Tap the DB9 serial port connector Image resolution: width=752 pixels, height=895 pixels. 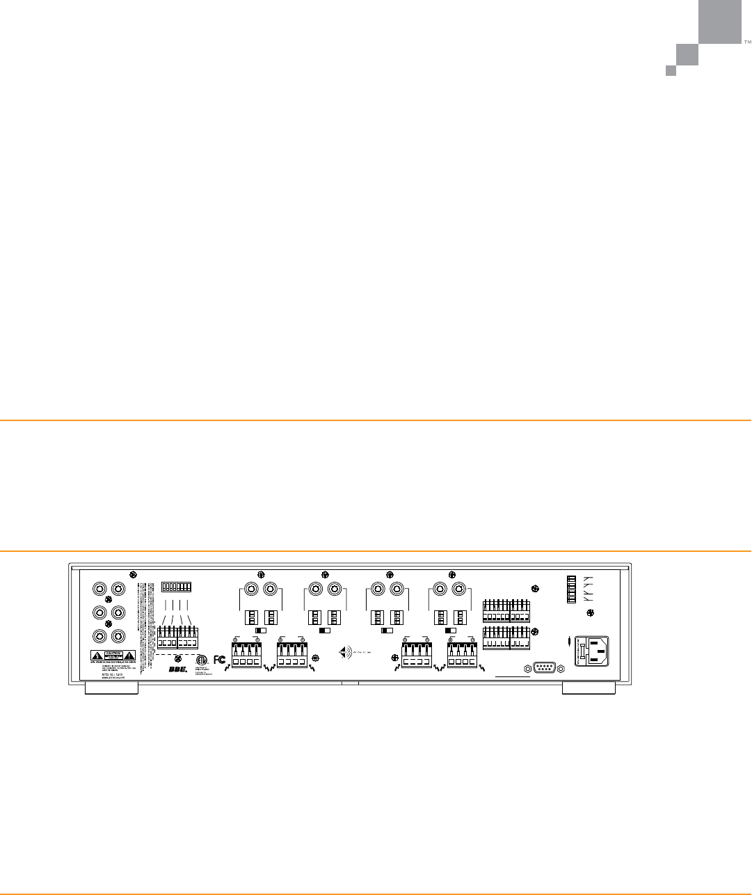[543, 668]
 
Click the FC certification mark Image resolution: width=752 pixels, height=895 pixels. [220, 659]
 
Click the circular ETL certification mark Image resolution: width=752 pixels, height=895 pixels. [202, 660]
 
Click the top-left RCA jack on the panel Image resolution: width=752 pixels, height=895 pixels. [101, 589]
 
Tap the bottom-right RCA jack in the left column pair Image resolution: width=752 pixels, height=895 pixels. [118, 636]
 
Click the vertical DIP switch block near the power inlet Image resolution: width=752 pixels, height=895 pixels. [572, 592]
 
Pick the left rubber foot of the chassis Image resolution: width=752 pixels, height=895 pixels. [111, 688]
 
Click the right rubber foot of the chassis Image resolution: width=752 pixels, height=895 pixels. [589, 688]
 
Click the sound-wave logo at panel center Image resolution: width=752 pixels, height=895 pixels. [346, 653]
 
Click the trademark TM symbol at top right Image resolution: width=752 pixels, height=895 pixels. [748, 42]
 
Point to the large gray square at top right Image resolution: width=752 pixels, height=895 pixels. [720, 22]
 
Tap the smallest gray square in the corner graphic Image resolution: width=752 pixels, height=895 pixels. [671, 70]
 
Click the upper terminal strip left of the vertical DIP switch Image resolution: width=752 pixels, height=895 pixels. [506, 611]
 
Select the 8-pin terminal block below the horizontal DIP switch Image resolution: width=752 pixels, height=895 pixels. [177, 638]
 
